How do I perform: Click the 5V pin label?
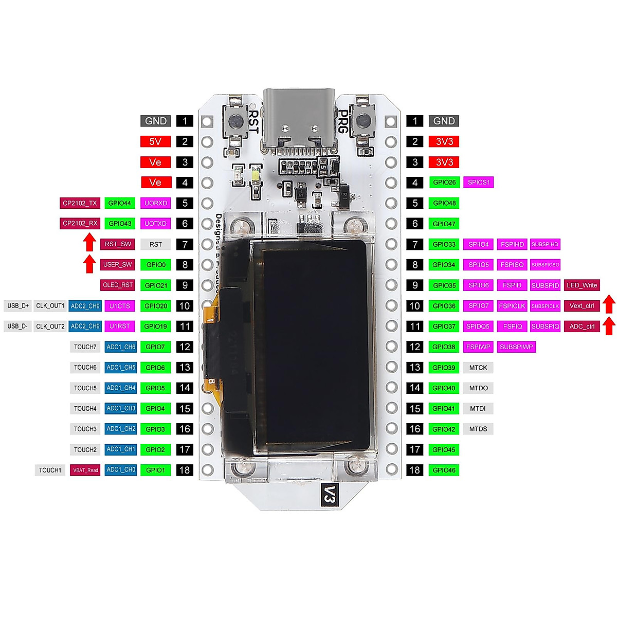coord(155,141)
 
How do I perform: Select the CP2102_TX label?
coord(80,203)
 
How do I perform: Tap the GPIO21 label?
coord(155,285)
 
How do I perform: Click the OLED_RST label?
coord(118,285)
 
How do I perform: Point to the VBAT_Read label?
coord(85,470)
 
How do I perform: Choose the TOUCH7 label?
coord(85,347)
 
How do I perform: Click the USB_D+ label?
coord(18,306)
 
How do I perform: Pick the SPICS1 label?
coord(478,183)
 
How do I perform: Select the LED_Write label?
coord(582,285)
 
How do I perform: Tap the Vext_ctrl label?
coord(582,306)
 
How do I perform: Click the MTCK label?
coord(478,368)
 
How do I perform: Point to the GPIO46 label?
coord(444,470)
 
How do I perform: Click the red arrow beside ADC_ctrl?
coord(609,326)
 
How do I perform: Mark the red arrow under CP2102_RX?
coord(89,242)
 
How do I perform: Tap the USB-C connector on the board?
coord(299,121)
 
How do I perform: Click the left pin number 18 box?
coord(185,470)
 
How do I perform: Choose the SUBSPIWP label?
coord(516,347)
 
